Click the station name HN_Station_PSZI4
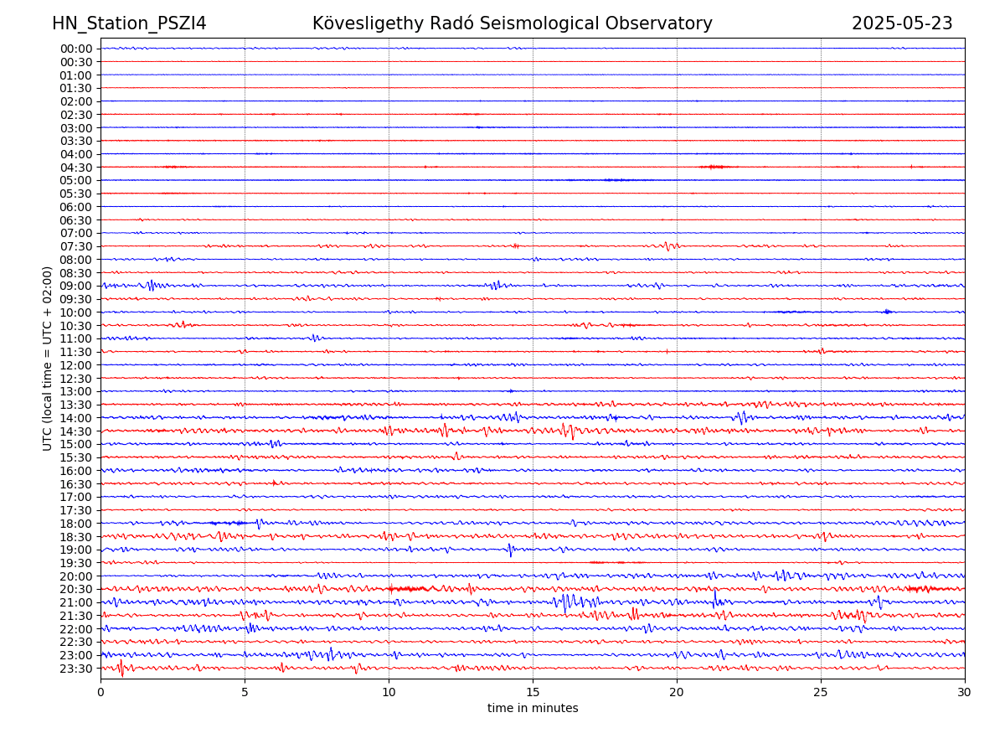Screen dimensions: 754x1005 [x=129, y=23]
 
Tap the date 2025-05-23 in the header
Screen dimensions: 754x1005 [x=902, y=23]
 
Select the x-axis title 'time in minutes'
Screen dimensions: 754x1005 [x=533, y=708]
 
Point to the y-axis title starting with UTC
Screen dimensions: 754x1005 [x=48, y=358]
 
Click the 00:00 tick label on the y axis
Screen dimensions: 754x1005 [x=76, y=49]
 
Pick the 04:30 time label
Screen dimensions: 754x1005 [x=76, y=168]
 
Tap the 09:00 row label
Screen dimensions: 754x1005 [x=76, y=286]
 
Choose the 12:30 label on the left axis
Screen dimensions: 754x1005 [x=76, y=379]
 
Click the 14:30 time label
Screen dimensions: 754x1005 [x=76, y=431]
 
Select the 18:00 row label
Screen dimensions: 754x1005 [x=76, y=524]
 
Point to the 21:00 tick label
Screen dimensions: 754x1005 [x=76, y=602]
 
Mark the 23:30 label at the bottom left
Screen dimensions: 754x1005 [x=76, y=669]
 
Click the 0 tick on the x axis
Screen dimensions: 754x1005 [x=100, y=693]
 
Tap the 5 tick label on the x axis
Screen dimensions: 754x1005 [x=245, y=693]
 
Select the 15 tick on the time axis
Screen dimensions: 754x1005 [x=533, y=693]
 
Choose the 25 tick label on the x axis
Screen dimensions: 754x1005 [x=821, y=693]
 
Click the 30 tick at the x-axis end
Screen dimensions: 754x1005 [x=965, y=693]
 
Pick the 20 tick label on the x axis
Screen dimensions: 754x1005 [x=677, y=693]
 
